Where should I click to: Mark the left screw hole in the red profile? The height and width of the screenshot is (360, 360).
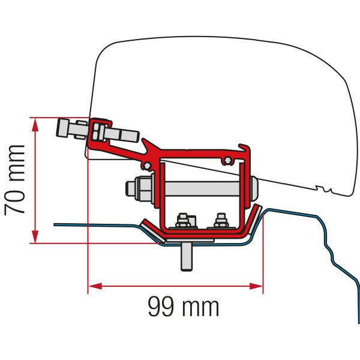[x=146, y=164]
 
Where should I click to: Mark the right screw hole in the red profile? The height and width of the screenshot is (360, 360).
[x=227, y=159]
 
